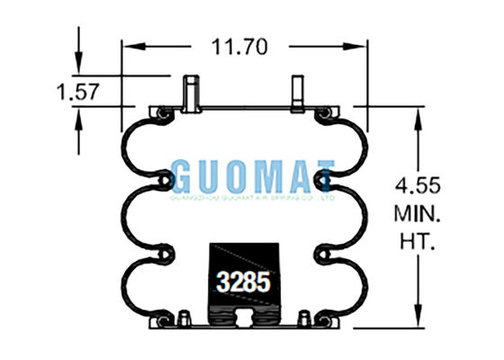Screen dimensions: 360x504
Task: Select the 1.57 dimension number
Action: click(77, 91)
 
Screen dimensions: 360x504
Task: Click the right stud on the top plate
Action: click(298, 94)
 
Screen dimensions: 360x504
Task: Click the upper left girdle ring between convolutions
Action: click(162, 183)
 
